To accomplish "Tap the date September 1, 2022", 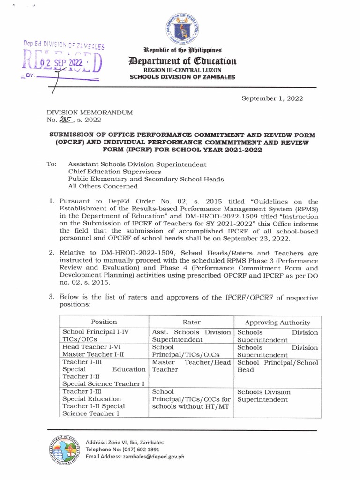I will click(272, 98).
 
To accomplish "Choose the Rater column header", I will click(192, 322).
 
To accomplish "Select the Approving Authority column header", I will click(277, 322).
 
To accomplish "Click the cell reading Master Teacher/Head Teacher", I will click(192, 366).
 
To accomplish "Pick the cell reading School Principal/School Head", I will click(277, 366).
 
